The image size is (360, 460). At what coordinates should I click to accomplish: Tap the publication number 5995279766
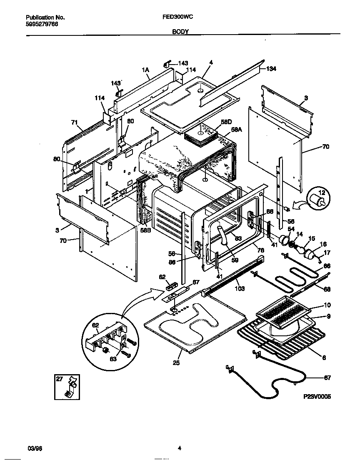[x=42, y=24]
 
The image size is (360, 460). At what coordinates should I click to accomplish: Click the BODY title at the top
[x=180, y=31]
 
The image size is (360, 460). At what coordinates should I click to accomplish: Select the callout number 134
[x=271, y=68]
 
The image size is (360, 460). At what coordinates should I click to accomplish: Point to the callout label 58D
[x=226, y=122]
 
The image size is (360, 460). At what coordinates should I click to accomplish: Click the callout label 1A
[x=145, y=70]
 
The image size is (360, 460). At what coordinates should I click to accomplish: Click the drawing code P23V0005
[x=317, y=397]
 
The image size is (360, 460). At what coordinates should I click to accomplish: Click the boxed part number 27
[x=60, y=379]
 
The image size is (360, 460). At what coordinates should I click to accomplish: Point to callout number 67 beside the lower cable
[x=327, y=378]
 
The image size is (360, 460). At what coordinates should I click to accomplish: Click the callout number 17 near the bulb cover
[x=327, y=252]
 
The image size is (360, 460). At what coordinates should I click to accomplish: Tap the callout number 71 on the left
[x=74, y=122]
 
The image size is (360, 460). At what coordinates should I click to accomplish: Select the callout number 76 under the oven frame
[x=260, y=250]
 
